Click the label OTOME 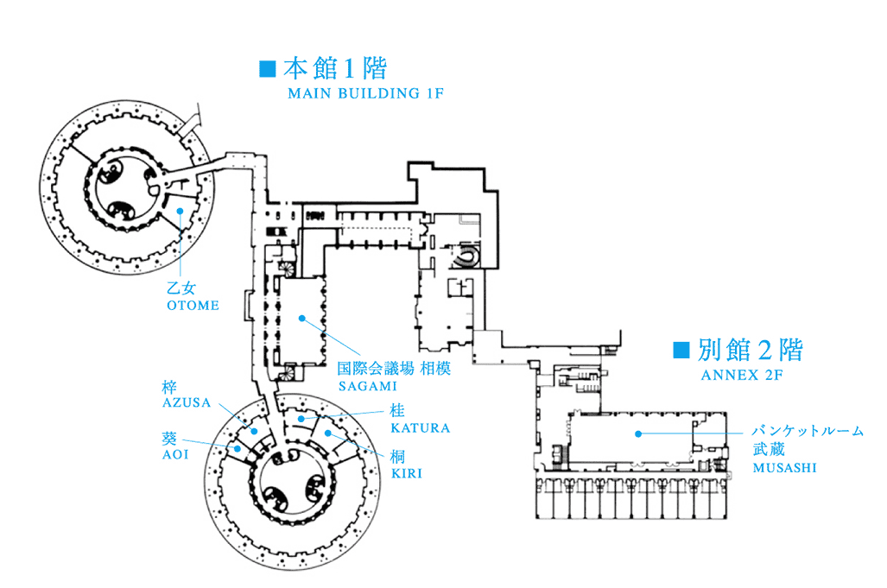tap(192, 305)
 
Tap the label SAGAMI tap(367, 385)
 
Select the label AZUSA tap(187, 402)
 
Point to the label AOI tap(174, 453)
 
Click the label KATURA tap(420, 427)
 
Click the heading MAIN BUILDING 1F tap(365, 92)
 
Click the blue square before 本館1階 tap(267, 67)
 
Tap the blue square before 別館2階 tap(681, 350)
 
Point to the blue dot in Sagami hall tap(302, 318)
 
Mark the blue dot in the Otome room tap(180, 210)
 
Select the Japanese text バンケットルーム tap(807, 431)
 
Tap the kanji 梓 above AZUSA tap(169, 386)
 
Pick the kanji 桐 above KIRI tap(398, 457)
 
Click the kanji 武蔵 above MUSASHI tap(767, 450)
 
